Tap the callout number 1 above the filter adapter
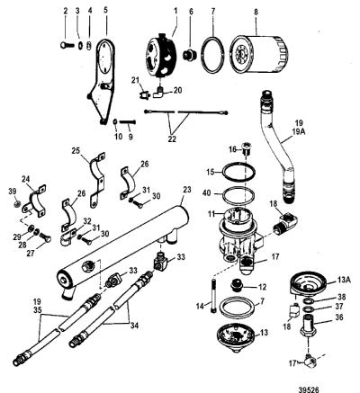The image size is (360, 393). (175, 11)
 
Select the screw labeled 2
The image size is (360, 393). (66, 45)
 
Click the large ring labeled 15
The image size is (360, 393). (238, 172)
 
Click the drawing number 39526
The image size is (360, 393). (308, 389)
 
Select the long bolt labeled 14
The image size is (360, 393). (213, 295)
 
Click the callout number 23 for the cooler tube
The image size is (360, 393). (187, 190)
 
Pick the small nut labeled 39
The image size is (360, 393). (18, 204)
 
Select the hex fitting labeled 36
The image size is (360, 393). (310, 325)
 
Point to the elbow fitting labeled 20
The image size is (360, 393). (158, 93)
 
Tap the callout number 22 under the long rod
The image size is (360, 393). (172, 139)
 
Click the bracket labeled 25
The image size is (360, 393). (98, 179)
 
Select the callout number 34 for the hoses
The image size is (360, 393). (134, 326)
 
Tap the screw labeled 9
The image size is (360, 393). (128, 122)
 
